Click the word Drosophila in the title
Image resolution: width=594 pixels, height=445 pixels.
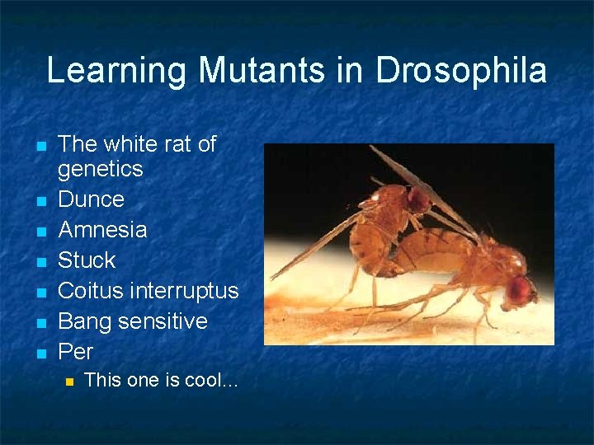[x=461, y=71]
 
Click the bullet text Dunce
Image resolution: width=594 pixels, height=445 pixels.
[x=91, y=199]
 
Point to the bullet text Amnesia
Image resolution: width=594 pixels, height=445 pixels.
[x=102, y=229]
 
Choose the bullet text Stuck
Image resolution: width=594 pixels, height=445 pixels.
[x=87, y=260]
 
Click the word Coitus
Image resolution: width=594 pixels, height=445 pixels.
[x=91, y=291]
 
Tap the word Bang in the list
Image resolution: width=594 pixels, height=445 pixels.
[x=86, y=321]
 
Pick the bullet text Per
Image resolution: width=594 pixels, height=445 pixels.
[x=75, y=352]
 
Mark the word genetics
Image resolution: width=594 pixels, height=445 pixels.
[x=100, y=170]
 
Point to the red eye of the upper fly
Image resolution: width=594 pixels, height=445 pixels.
[x=419, y=199]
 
